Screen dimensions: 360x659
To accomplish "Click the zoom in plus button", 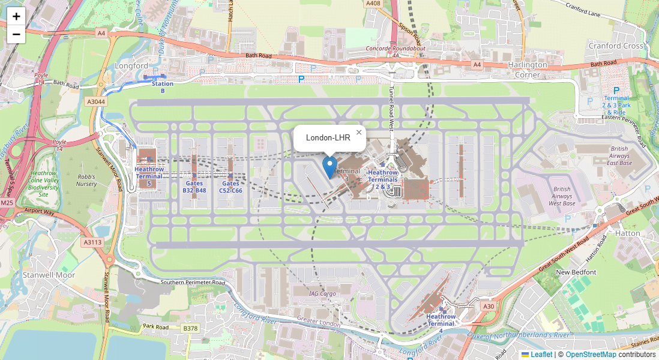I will click(x=16, y=17).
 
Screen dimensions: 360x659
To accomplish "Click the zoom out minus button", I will click(x=16, y=34).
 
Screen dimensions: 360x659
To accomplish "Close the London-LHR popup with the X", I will click(x=359, y=133).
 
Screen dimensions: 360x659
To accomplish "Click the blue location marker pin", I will click(x=329, y=166).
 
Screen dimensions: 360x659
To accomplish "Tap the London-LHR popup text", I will click(x=328, y=138).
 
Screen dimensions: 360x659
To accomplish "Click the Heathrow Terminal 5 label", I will click(x=149, y=176).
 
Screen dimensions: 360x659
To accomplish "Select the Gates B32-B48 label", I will click(x=194, y=187).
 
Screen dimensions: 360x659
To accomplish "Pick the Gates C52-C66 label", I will click(x=230, y=187).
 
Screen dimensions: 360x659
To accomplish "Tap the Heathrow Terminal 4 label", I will click(x=441, y=323).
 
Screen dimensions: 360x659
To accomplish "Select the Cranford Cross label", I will click(x=615, y=46).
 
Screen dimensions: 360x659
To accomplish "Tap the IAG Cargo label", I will click(x=322, y=293).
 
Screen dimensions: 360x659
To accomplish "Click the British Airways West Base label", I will click(x=562, y=196).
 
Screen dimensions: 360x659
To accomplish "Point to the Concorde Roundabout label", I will click(x=396, y=49).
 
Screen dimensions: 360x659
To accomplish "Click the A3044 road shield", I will click(x=96, y=102).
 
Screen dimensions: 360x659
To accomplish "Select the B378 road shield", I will click(x=190, y=328).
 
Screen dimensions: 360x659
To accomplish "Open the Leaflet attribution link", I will click(x=541, y=355).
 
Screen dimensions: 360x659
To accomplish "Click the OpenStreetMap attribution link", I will click(x=591, y=355).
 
